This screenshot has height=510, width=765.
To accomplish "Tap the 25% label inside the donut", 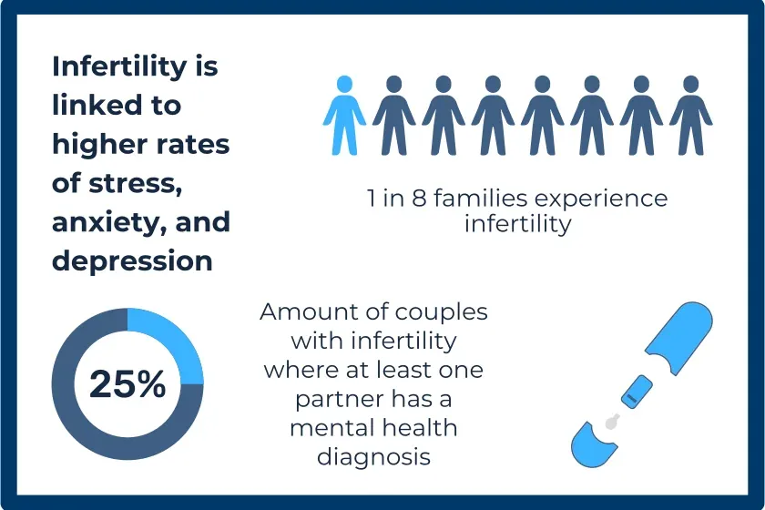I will (x=127, y=384).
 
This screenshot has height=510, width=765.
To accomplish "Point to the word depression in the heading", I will (x=132, y=260).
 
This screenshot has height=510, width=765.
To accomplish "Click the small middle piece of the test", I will (x=634, y=392).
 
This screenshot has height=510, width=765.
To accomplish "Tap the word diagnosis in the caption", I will (x=373, y=454).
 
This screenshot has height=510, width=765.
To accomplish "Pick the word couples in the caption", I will (x=442, y=311).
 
